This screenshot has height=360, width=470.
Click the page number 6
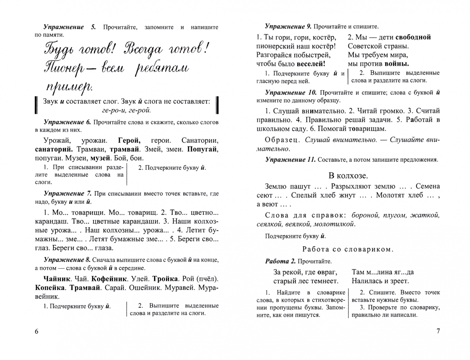point(37,331)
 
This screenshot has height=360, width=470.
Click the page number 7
point(438,331)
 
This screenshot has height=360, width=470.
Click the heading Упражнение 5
point(69,27)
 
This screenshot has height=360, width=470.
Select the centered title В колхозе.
point(348,176)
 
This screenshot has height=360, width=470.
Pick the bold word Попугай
point(202,149)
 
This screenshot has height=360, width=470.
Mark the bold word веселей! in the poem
point(311,64)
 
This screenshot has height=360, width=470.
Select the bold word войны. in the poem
point(397,64)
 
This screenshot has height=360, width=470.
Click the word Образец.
point(283,140)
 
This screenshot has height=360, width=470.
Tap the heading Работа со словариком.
point(348,249)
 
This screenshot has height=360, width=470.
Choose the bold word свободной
point(413,37)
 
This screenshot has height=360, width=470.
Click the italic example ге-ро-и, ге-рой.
point(126,110)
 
